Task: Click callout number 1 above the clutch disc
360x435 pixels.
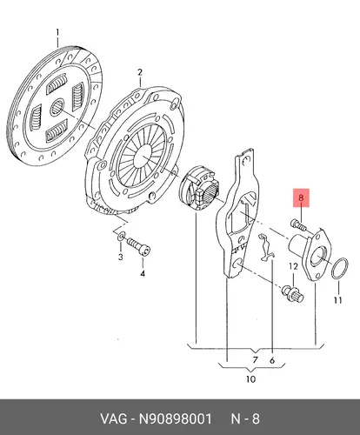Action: pyautogui.click(x=57, y=32)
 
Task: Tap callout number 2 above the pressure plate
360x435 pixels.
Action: pyautogui.click(x=140, y=72)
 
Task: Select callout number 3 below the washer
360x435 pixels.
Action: pyautogui.click(x=120, y=257)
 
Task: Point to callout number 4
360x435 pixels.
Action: pyautogui.click(x=143, y=273)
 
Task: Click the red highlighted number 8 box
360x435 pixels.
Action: pyautogui.click(x=301, y=197)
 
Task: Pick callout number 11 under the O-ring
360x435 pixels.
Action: pyautogui.click(x=338, y=300)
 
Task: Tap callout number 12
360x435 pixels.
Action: pyautogui.click(x=293, y=266)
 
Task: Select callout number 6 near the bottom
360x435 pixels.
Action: pyautogui.click(x=272, y=360)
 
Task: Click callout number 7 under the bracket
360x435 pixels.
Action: pyautogui.click(x=255, y=360)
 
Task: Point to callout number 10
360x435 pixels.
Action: pyautogui.click(x=250, y=378)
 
